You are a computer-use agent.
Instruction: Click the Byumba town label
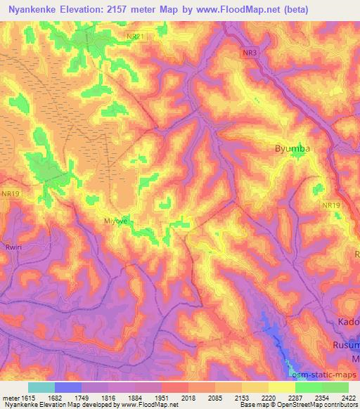coord(291,149)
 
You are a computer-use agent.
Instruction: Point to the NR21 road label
coord(135,36)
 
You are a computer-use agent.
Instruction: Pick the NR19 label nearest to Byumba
coord(331,204)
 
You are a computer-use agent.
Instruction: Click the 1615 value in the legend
coord(27,398)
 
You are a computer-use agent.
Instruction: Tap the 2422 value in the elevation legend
coord(348,398)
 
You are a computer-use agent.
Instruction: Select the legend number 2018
coord(188,398)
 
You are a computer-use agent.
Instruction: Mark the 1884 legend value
coord(134,398)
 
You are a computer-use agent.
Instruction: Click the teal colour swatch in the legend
coord(41,387)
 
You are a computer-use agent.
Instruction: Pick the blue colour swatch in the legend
coord(67,387)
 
